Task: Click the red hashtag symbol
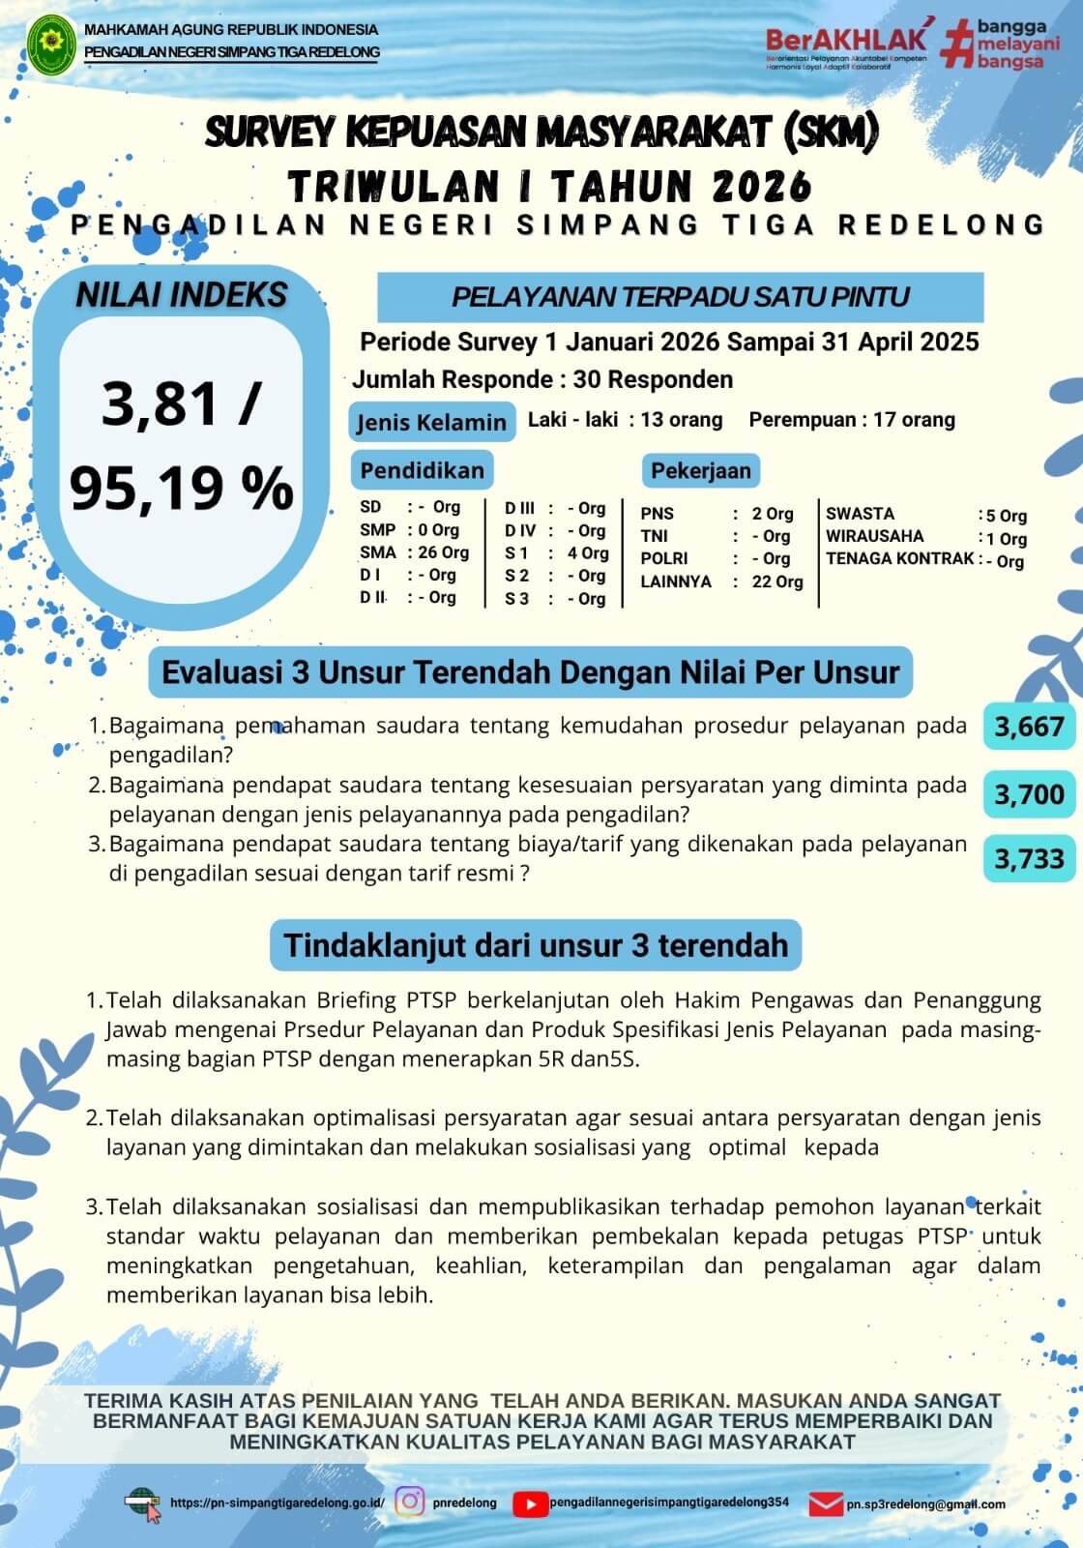click(x=954, y=45)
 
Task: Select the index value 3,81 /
click(x=181, y=403)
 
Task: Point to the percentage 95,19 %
click(x=182, y=487)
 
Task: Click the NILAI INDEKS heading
click(x=182, y=295)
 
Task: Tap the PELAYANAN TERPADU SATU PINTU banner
click(x=680, y=296)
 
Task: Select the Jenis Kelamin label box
click(x=431, y=422)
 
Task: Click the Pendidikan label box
click(x=422, y=470)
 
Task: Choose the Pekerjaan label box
click(x=700, y=471)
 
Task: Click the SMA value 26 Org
click(x=443, y=552)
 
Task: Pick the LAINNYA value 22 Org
click(x=777, y=581)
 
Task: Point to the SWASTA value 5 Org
click(x=1006, y=516)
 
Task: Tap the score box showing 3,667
click(x=1029, y=727)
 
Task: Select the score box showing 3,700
click(x=1029, y=794)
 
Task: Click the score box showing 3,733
click(x=1029, y=858)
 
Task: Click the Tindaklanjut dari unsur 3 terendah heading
click(x=536, y=944)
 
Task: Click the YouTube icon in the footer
click(x=529, y=1503)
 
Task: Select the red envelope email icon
click(x=825, y=1504)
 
